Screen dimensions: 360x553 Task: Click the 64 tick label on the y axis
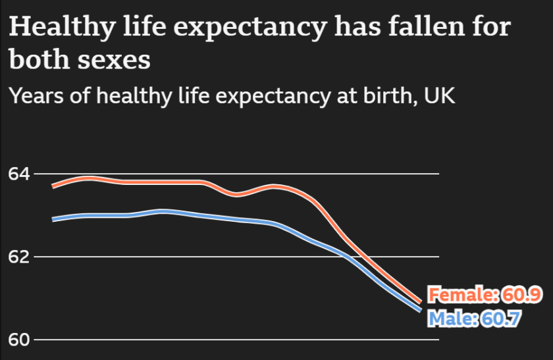coord(18,174)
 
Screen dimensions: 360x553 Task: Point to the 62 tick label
coord(18,257)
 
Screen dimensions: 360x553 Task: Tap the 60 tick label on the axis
coord(18,340)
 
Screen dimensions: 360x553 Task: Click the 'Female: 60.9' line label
coord(485,294)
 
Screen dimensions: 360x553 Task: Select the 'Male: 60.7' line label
coord(474,319)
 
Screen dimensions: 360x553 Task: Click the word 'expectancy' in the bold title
coord(253,28)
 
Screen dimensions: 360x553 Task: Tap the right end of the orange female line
coord(420,301)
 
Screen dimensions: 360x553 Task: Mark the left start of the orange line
coord(53,186)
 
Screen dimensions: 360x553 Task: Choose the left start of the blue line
coord(53,219)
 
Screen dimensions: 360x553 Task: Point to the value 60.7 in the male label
coord(502,319)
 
